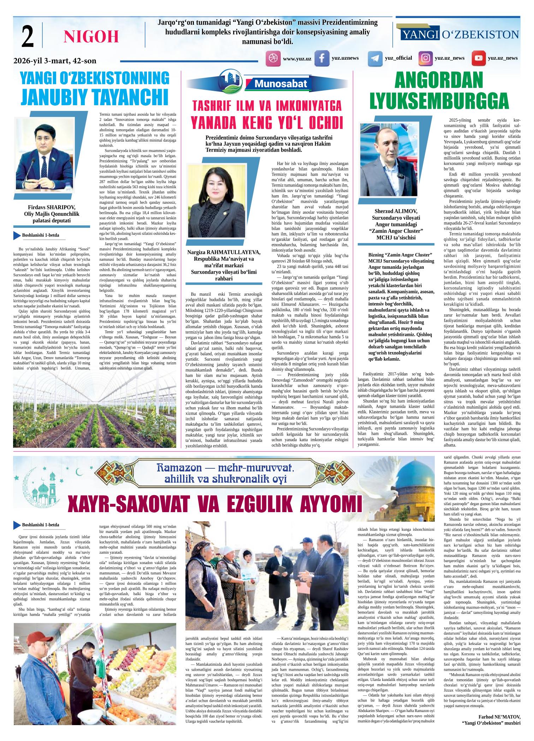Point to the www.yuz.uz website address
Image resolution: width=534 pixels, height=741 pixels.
(x=297, y=59)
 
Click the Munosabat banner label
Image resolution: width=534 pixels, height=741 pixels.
(x=281, y=84)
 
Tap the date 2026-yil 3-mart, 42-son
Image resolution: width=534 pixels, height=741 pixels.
(x=55, y=61)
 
